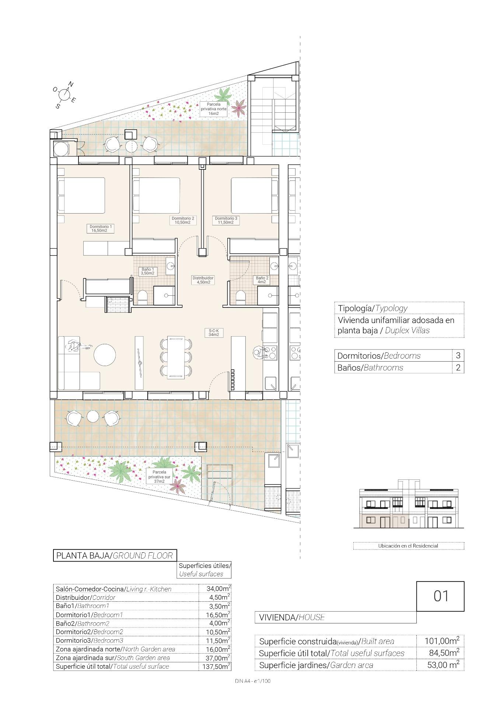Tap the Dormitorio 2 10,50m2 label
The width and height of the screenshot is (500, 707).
click(183, 220)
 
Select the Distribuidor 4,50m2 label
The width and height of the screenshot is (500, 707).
click(203, 280)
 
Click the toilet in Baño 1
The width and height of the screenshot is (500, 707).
click(143, 297)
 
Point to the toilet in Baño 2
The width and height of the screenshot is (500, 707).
click(241, 297)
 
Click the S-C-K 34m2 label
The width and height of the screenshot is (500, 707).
click(214, 333)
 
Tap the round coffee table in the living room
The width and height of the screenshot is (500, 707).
click(105, 355)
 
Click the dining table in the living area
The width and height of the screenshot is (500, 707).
click(176, 357)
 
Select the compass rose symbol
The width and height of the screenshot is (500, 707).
click(64, 95)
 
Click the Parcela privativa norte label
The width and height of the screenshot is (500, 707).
click(214, 109)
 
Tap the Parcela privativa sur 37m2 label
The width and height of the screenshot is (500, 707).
click(159, 476)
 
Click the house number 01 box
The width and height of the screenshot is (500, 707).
click(440, 596)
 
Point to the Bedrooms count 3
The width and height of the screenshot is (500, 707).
click(458, 355)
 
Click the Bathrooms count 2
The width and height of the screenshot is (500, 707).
click(458, 367)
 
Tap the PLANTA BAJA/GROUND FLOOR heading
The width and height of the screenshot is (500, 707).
click(115, 555)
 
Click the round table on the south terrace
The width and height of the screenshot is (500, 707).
click(93, 417)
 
